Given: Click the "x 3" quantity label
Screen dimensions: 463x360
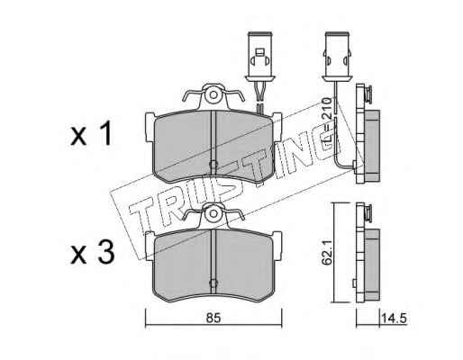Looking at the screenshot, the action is point(93,253).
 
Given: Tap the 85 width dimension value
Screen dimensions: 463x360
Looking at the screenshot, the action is point(213,318).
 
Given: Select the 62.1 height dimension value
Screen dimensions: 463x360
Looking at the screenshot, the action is point(326,252).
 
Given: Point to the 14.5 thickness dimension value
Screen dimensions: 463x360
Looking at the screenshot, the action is point(394,318).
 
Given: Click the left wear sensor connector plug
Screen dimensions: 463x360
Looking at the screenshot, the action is point(259,56).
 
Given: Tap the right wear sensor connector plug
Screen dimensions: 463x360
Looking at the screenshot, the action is point(337,56).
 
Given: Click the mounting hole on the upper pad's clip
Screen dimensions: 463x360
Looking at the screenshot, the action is point(213,95).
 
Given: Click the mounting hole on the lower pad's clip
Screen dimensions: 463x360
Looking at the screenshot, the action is point(213,213).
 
